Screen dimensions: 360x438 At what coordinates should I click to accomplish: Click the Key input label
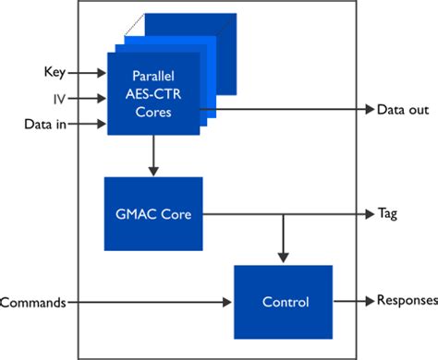[54, 71]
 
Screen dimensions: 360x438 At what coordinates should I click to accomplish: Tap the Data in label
[43, 122]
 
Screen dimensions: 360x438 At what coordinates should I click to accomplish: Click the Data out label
[403, 110]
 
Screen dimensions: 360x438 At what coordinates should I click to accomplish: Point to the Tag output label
[389, 212]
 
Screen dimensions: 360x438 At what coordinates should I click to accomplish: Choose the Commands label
[33, 302]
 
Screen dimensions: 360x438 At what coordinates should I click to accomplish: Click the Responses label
[405, 301]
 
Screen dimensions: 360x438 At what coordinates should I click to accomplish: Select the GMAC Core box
[153, 213]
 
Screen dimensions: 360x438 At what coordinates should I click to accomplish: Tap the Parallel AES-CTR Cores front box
[153, 95]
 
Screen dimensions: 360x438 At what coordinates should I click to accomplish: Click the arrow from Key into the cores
[87, 71]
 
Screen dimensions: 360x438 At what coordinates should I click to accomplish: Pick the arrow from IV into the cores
[87, 96]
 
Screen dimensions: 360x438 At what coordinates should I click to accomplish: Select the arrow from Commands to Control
[148, 302]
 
